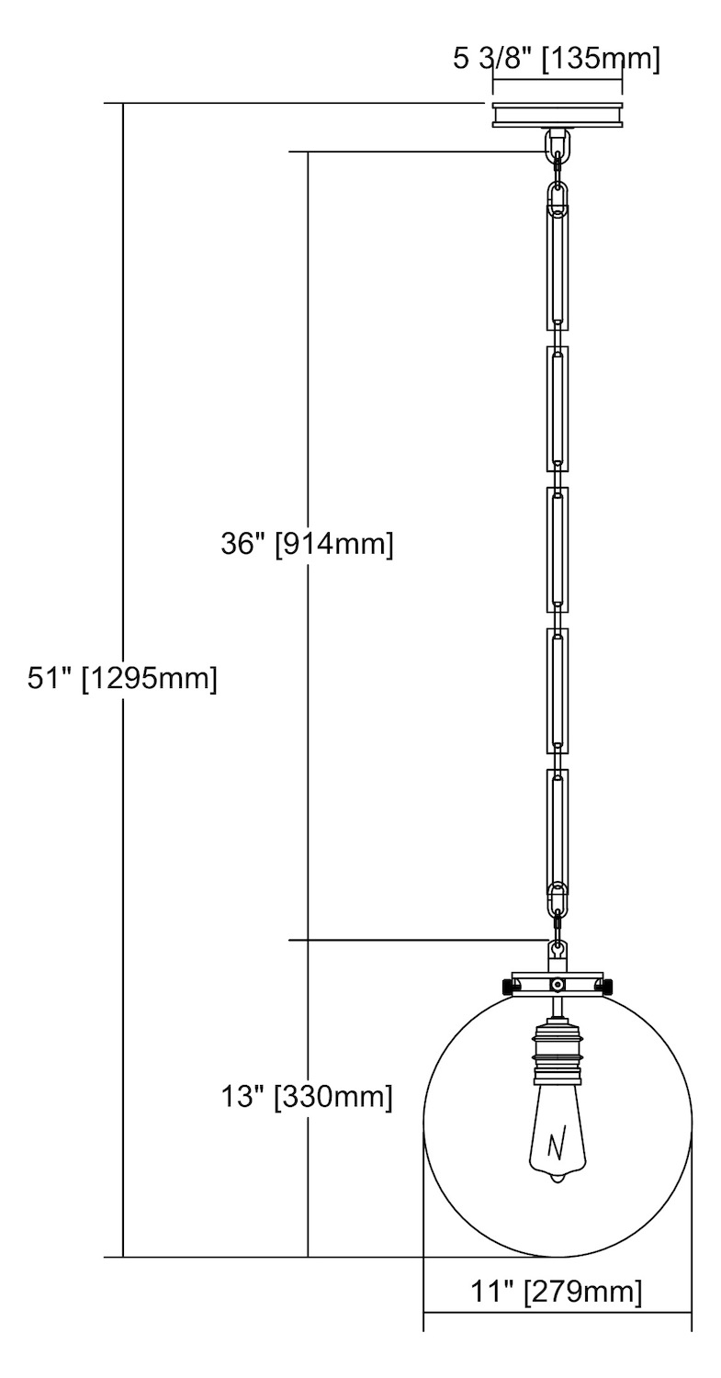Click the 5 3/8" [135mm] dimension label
pyautogui.click(x=557, y=60)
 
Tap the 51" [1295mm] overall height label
pyautogui.click(x=122, y=679)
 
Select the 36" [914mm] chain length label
pyautogui.click(x=307, y=544)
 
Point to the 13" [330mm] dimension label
pyautogui.click(x=307, y=1096)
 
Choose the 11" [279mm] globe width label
pyautogui.click(x=557, y=1290)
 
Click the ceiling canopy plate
pyautogui.click(x=558, y=115)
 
